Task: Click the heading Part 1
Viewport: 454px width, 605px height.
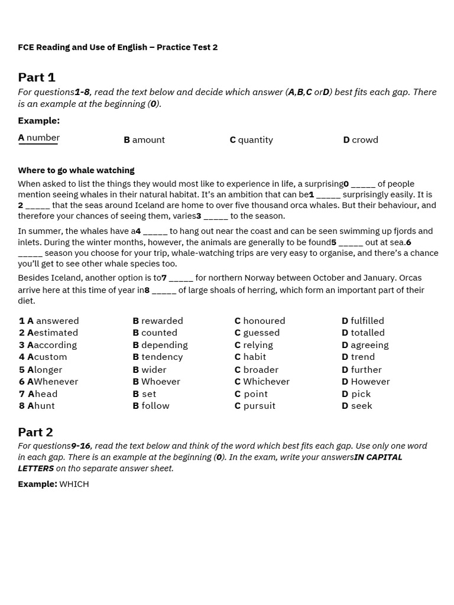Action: (x=37, y=77)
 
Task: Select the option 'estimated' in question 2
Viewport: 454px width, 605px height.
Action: (x=53, y=333)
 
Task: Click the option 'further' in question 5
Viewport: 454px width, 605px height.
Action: (x=362, y=370)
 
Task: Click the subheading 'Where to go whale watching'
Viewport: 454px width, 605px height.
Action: (x=76, y=170)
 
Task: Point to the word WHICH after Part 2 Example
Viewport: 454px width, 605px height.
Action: (x=74, y=484)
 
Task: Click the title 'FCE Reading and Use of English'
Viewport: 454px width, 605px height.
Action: (x=83, y=47)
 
